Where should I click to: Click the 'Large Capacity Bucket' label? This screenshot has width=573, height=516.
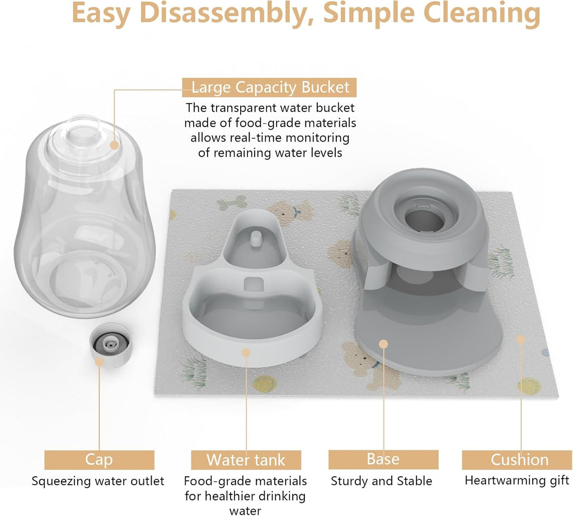pos(270,88)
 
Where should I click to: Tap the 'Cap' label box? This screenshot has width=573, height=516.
pos(99,460)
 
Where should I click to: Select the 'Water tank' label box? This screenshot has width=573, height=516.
pos(246,460)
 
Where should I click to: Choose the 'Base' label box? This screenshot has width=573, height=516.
pos(383,459)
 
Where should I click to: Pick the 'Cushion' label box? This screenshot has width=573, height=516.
pos(519,460)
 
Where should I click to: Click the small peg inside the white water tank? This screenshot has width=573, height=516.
pos(256,238)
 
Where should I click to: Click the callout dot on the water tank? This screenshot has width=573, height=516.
pos(246,352)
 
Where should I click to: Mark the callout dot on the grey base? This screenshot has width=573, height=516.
pos(383,344)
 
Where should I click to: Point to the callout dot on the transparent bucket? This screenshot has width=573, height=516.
pos(115,145)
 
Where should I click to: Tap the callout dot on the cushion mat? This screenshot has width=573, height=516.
pos(521,339)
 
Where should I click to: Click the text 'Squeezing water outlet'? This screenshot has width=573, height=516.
pos(98,481)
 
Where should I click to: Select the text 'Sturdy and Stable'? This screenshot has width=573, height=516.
pos(382,481)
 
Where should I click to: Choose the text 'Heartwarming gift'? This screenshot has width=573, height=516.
pos(517,481)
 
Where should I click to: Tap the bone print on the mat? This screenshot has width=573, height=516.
pos(232,203)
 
